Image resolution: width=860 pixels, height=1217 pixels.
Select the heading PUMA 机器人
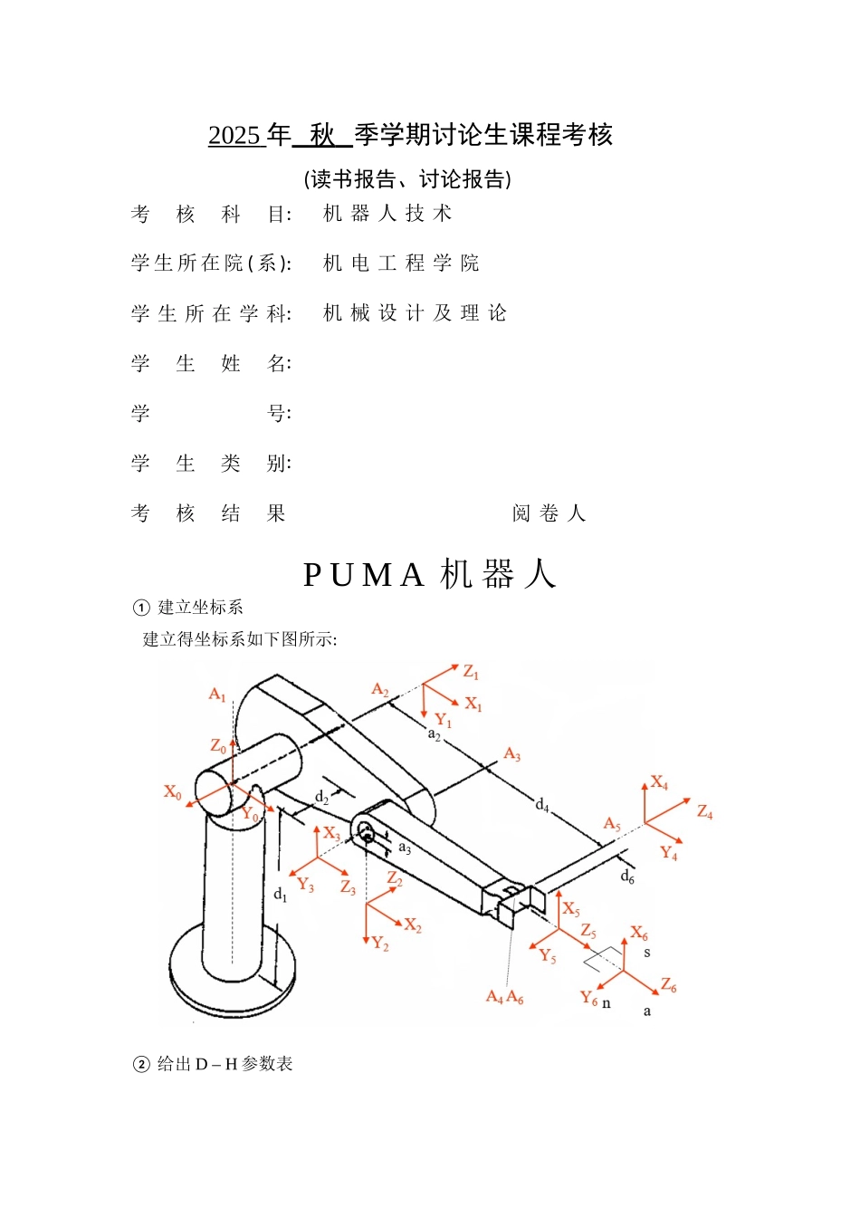point(429,575)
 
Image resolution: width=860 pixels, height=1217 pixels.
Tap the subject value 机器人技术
point(387,214)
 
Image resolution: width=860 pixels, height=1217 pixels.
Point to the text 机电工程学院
point(401,264)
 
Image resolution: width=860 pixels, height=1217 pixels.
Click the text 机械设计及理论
point(415,313)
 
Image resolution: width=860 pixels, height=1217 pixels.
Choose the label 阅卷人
point(549,514)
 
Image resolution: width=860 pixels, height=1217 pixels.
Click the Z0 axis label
point(218,746)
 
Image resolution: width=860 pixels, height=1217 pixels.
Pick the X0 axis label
point(172,792)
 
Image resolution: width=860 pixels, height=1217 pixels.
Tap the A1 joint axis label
point(217,695)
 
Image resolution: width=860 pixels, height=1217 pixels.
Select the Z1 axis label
point(471,672)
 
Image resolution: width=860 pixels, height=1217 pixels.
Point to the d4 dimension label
point(542,805)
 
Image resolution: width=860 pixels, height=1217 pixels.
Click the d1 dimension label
point(281,895)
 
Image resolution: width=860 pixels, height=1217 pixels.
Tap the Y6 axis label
point(589,998)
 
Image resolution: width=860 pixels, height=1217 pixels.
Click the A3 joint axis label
point(512,754)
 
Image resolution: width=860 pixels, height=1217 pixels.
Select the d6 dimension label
point(627,877)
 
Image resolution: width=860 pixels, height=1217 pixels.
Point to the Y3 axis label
point(306,884)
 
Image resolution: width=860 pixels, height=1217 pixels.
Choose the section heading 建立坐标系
point(200,608)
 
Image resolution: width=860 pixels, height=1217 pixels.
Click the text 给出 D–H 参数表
point(225,1064)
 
